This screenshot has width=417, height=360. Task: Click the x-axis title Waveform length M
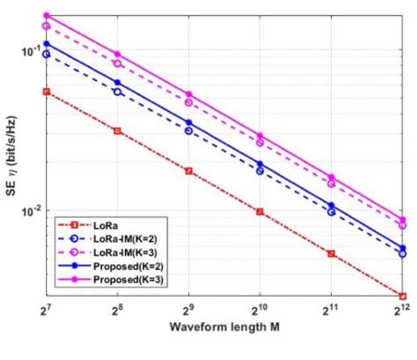(x=224, y=328)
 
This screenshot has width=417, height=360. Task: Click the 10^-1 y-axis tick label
(x=30, y=51)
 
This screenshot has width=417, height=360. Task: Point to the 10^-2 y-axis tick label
(x=30, y=212)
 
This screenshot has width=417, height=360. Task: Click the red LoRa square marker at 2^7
(x=47, y=92)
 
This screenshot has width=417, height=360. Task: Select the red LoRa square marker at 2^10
(x=260, y=212)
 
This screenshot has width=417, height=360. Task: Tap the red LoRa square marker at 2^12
(x=402, y=296)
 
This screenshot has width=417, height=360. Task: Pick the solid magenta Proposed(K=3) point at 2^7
(x=47, y=15)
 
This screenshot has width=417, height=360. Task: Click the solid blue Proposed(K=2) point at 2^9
(x=188, y=122)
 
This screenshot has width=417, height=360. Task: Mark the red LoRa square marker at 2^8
(x=117, y=130)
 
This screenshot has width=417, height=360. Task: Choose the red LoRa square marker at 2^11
(x=331, y=253)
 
